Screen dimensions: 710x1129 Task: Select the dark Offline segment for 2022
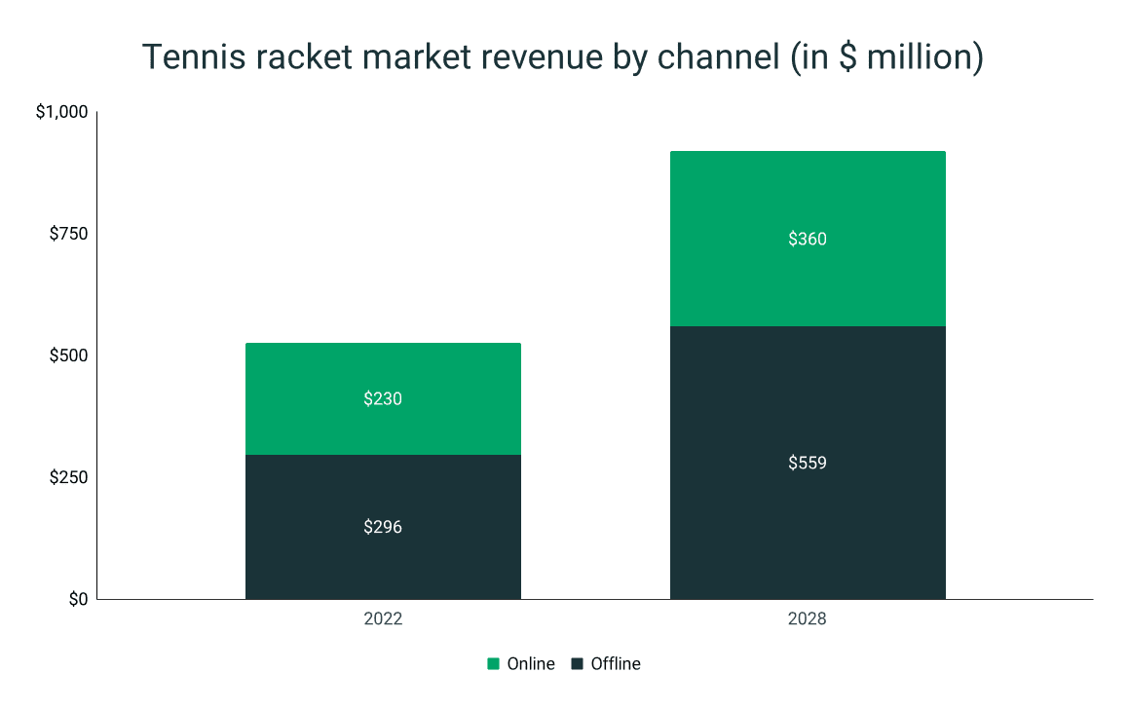click(x=383, y=560)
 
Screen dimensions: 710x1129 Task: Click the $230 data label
click(x=383, y=398)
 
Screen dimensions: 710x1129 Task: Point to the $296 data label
click(x=383, y=527)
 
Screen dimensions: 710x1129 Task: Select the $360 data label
click(x=808, y=239)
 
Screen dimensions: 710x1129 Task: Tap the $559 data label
click(x=808, y=463)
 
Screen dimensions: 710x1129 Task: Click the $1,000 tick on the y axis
click(x=61, y=113)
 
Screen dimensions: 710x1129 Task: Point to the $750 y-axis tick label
click(x=68, y=234)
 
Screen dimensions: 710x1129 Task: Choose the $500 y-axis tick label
click(x=68, y=355)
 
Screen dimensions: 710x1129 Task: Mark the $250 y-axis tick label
click(x=68, y=477)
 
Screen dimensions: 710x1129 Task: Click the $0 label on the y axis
click(x=77, y=599)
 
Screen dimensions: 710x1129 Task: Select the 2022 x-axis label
click(x=383, y=619)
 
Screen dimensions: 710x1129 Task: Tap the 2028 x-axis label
click(x=808, y=619)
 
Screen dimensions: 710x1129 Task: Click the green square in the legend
click(x=494, y=664)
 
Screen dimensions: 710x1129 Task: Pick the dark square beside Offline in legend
click(x=578, y=664)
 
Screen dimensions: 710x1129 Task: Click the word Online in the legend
click(x=530, y=664)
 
